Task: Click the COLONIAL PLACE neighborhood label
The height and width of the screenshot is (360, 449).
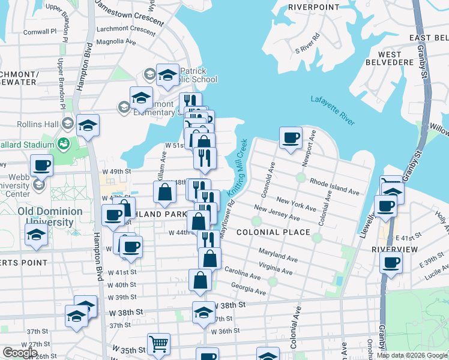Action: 273,232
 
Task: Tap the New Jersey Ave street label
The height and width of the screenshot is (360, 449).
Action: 277,213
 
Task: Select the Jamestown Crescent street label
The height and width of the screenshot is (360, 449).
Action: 130,16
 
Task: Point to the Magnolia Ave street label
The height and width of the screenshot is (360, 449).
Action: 116,42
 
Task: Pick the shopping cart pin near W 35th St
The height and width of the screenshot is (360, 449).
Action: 158,344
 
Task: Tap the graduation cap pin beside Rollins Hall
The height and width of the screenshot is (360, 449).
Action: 88,125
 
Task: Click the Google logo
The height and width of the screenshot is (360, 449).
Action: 20,353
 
